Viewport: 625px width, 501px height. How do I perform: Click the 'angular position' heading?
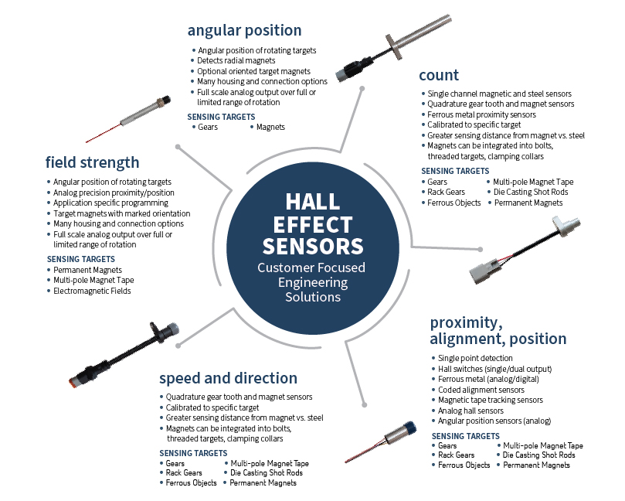244,32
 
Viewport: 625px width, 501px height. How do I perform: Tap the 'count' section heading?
439,75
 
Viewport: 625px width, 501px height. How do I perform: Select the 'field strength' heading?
92,162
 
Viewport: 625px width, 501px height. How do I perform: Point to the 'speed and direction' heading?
228,378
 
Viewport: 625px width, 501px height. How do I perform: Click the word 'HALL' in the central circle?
312,202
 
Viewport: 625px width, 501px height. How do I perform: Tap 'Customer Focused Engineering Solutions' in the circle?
312,283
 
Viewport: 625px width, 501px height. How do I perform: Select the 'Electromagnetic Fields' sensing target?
92,291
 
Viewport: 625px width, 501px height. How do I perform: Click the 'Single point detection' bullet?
475,358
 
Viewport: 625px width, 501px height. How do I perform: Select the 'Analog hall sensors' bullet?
472,411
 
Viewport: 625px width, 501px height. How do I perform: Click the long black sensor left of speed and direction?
116,355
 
